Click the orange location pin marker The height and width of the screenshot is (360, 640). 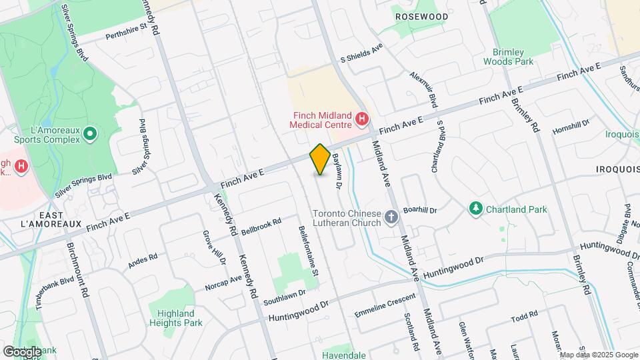[320, 159]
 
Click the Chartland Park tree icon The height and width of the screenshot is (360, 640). [475, 209]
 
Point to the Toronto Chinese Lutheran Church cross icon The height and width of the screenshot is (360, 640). [391, 217]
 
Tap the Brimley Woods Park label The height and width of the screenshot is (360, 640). [513, 56]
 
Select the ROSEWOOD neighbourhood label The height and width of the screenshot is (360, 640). [421, 16]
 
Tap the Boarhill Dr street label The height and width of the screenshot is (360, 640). [420, 209]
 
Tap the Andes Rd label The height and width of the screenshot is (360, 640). [143, 260]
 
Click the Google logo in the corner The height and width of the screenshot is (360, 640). [21, 351]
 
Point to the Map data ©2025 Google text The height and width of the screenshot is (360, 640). [599, 355]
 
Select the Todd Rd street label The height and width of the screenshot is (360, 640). [524, 315]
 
